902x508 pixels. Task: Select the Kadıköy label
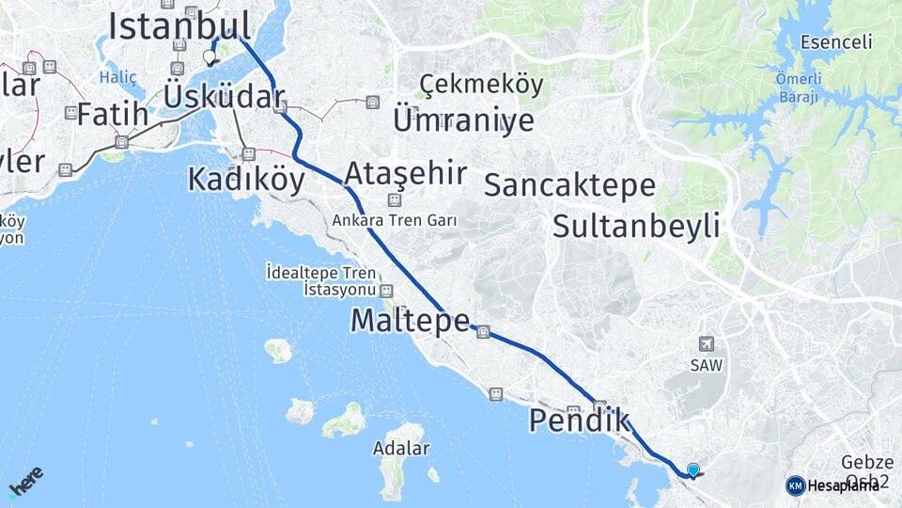[x=246, y=178]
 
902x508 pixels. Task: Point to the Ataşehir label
[x=405, y=174]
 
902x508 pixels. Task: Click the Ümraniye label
[x=463, y=119]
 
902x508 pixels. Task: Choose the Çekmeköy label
[x=481, y=85]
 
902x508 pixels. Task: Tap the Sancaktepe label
[x=569, y=184]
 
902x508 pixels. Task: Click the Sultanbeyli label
[x=636, y=226]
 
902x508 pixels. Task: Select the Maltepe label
[x=410, y=321]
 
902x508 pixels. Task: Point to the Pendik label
[x=579, y=421]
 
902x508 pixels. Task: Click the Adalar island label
[x=400, y=452]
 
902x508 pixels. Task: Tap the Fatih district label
[x=112, y=115]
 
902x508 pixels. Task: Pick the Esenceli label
[x=836, y=42]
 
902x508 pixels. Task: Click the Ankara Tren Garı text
[x=394, y=221]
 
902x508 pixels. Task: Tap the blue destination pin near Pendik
[x=693, y=469]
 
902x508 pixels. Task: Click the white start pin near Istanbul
[x=210, y=57]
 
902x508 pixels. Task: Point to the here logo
[x=25, y=480]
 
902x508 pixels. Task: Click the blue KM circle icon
[x=795, y=485]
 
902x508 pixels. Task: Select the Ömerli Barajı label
[x=798, y=87]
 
